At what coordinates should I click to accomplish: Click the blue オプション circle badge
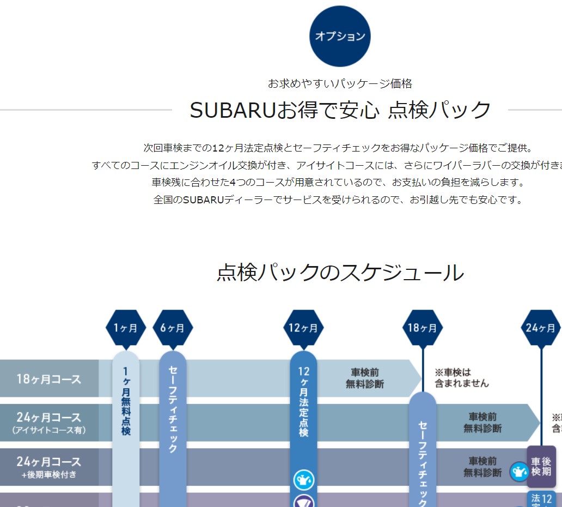pyautogui.click(x=340, y=37)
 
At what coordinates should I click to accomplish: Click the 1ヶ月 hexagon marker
pyautogui.click(x=126, y=328)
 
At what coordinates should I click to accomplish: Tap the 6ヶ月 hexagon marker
pyautogui.click(x=173, y=328)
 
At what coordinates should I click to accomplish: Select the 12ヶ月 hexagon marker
pyautogui.click(x=303, y=328)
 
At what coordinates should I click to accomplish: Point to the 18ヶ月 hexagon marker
pyautogui.click(x=423, y=328)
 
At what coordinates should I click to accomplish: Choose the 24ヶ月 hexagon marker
pyautogui.click(x=541, y=328)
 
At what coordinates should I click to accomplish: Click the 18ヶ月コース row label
pyautogui.click(x=49, y=379)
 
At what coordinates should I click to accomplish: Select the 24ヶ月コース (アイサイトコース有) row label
pyautogui.click(x=49, y=423)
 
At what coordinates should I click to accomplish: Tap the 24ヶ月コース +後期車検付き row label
pyautogui.click(x=49, y=467)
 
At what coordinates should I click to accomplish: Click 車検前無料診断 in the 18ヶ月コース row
pyautogui.click(x=365, y=378)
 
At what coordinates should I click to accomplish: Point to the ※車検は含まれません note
pyautogui.click(x=461, y=378)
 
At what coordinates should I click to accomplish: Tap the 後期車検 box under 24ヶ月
pyautogui.click(x=541, y=466)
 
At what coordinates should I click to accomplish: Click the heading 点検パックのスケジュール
pyautogui.click(x=340, y=273)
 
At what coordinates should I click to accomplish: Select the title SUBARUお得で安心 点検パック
pyautogui.click(x=340, y=110)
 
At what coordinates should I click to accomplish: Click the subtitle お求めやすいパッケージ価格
pyautogui.click(x=340, y=83)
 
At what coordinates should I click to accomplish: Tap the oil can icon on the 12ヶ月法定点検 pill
pyautogui.click(x=303, y=480)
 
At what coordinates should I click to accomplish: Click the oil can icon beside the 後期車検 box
pyautogui.click(x=519, y=471)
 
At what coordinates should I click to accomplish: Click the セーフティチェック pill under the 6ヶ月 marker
pyautogui.click(x=173, y=409)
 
